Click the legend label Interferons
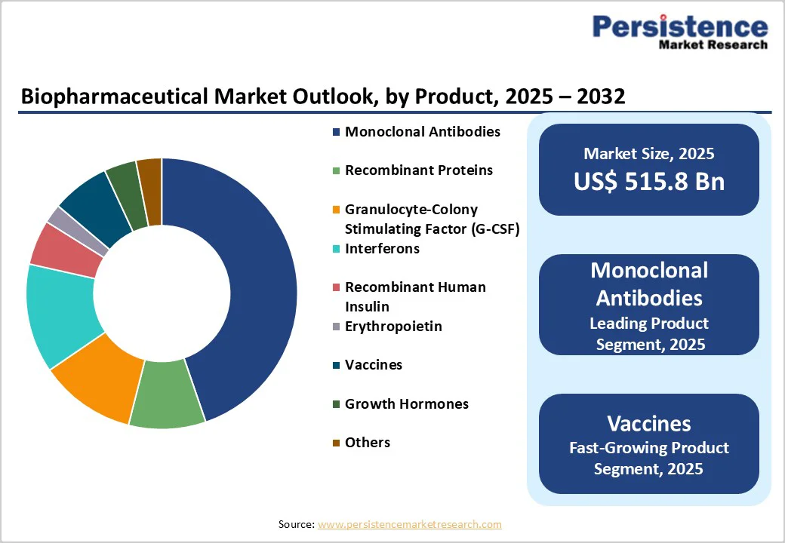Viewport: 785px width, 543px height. (382, 249)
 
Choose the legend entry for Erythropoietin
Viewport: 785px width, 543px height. (393, 327)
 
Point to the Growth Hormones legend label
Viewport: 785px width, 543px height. (406, 404)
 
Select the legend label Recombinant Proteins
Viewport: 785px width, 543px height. (418, 170)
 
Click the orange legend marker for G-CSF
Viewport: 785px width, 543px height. (336, 210)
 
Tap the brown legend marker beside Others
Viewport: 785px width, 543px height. (336, 443)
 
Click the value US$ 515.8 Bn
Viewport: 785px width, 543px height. (648, 182)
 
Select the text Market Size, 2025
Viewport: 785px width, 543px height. (648, 154)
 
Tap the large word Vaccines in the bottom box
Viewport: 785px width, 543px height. (648, 423)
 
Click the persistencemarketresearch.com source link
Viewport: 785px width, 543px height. (409, 524)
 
